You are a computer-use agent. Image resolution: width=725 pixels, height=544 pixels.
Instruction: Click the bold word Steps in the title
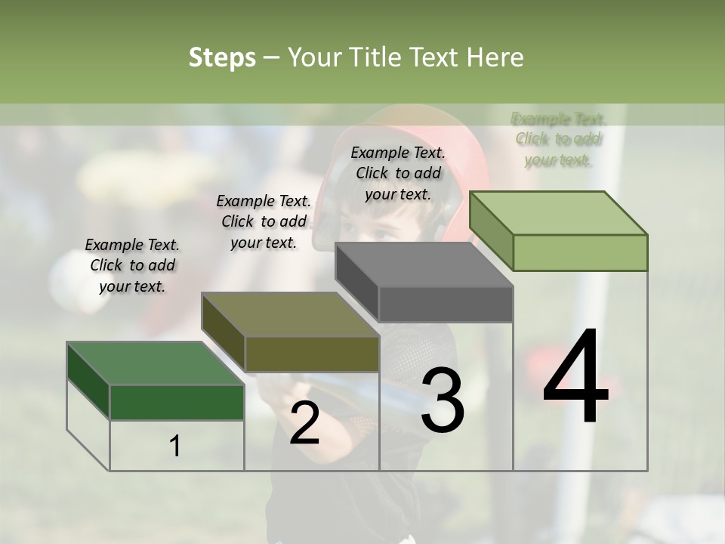tap(222, 58)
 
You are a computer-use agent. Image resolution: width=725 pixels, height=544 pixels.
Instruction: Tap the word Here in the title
tap(495, 58)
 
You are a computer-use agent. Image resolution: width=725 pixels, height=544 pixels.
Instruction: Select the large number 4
tap(575, 378)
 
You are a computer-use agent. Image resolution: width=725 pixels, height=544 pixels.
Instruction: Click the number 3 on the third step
tap(443, 400)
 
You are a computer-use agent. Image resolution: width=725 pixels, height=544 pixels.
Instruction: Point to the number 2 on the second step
tap(304, 424)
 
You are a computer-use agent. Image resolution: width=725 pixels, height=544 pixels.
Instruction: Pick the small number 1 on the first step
tap(175, 447)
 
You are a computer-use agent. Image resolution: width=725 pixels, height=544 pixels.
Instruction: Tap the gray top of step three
tap(424, 264)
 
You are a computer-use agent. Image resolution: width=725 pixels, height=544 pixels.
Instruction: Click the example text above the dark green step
tap(132, 265)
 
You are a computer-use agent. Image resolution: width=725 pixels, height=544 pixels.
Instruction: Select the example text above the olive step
tap(264, 221)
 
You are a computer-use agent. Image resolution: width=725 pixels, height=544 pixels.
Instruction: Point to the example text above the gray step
tap(398, 173)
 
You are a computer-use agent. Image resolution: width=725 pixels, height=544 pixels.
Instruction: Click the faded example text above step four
tap(558, 139)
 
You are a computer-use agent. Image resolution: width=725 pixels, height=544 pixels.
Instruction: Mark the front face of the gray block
tap(446, 304)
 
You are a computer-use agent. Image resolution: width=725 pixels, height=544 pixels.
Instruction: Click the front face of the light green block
tap(580, 252)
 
